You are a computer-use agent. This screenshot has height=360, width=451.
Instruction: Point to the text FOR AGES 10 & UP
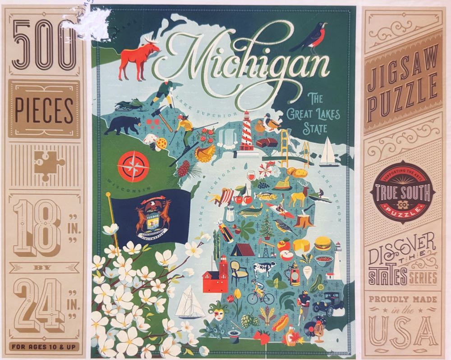point(44,347)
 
